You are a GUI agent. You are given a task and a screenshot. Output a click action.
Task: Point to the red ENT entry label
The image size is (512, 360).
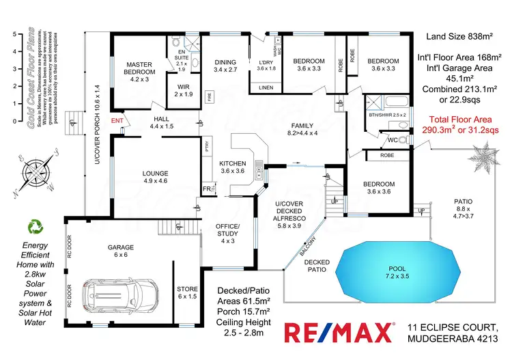point(117,121)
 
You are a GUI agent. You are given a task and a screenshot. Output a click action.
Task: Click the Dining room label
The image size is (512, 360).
point(225,65)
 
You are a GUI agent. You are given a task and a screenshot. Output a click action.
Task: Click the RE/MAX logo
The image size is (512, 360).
point(338,334)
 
